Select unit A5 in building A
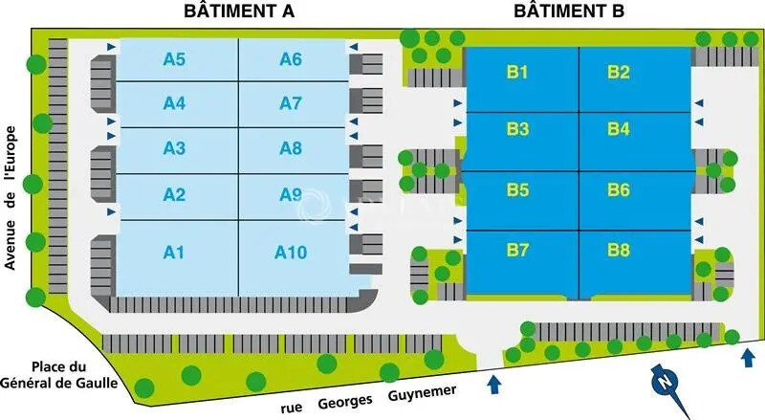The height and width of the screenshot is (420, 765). tap(174, 59)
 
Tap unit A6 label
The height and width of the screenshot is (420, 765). tap(291, 59)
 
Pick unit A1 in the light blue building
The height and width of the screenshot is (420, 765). tap(174, 253)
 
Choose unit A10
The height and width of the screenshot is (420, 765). tap(291, 253)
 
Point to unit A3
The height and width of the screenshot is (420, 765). tap(174, 148)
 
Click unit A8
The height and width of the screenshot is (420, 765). tap(291, 148)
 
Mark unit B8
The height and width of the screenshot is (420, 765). tap(619, 251)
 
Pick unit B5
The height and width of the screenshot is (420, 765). tap(519, 190)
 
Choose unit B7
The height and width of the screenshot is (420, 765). tap(519, 251)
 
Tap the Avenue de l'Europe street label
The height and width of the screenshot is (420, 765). tap(11, 197)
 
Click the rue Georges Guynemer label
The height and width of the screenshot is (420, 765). tap(368, 399)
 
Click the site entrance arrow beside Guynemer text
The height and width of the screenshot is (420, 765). tap(493, 385)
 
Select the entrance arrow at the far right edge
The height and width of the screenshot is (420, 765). tap(747, 358)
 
